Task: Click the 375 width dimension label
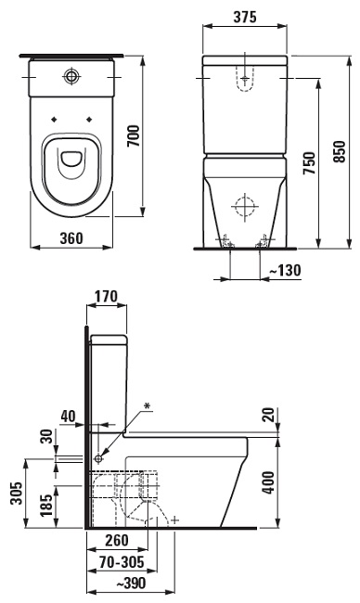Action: click(245, 17)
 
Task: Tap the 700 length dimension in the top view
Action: click(135, 135)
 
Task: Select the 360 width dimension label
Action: click(71, 238)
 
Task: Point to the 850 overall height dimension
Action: click(340, 151)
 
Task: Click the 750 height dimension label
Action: click(309, 163)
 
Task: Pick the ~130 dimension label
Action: click(285, 270)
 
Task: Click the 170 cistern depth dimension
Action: click(106, 297)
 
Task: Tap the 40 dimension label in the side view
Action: click(68, 417)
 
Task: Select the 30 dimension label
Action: click(47, 436)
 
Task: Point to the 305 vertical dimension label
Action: click(16, 494)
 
